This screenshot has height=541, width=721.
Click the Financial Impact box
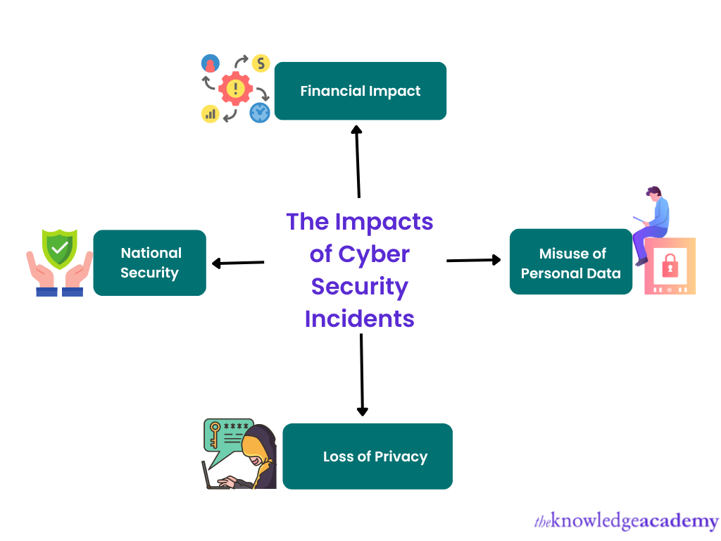[360, 91]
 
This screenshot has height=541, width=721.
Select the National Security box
[150, 263]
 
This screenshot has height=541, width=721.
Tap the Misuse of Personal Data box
[571, 262]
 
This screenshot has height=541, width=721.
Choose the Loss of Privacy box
[368, 456]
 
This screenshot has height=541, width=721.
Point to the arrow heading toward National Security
[237, 263]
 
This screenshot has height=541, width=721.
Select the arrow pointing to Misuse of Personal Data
[474, 261]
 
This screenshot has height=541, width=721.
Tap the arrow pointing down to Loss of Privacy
[362, 374]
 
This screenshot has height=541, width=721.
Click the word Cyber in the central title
[373, 254]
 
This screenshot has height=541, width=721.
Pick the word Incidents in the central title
[360, 318]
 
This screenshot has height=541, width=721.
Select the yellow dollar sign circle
[261, 63]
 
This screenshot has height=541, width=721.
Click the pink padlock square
[670, 266]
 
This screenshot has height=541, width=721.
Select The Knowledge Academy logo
[627, 521]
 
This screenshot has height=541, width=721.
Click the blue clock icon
[260, 112]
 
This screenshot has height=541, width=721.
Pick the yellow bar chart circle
[211, 113]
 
